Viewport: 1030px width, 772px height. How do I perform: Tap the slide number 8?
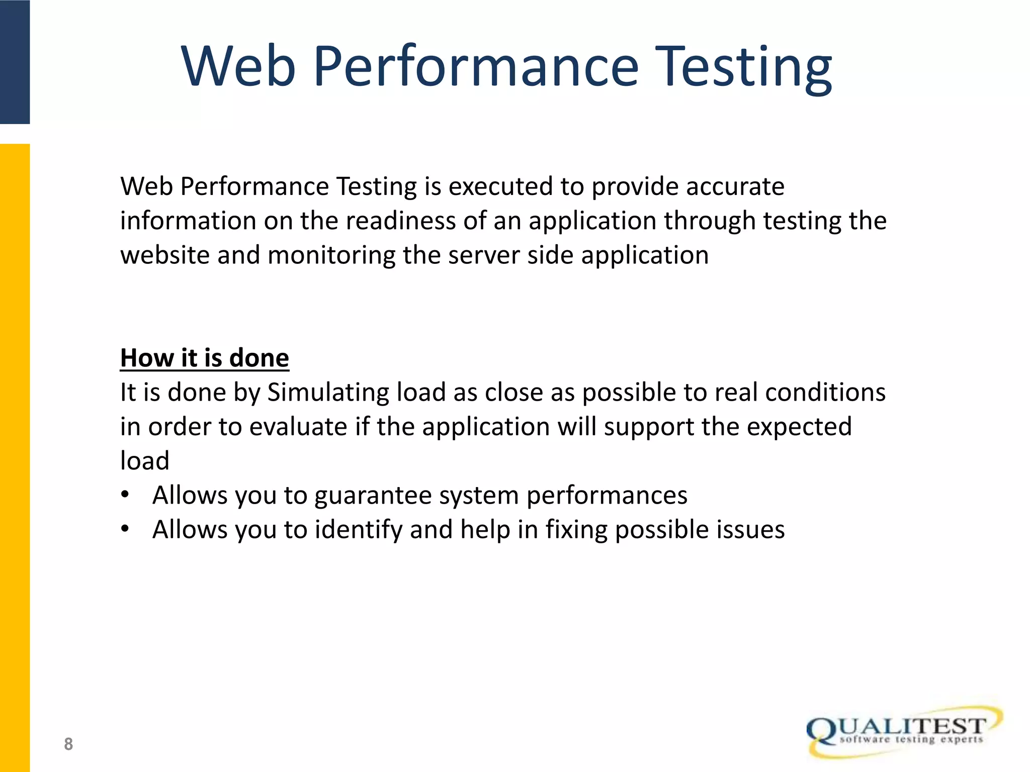pos(68,744)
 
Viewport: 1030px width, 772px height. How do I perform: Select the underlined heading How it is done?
pos(204,358)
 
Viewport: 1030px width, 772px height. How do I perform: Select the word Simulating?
pos(328,393)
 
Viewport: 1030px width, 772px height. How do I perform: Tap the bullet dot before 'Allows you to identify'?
pos(125,529)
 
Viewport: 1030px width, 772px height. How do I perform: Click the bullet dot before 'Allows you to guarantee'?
pos(125,495)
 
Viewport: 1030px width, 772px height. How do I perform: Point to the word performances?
pos(607,496)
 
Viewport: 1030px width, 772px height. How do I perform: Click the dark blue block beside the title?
pos(15,61)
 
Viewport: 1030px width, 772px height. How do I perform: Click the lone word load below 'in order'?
pos(144,461)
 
